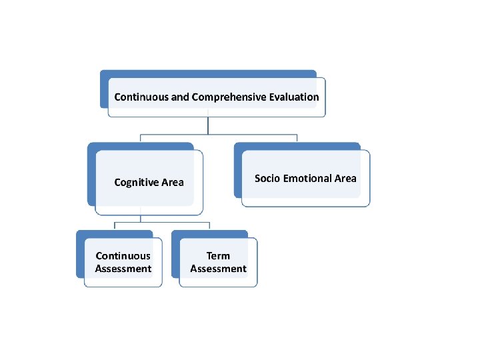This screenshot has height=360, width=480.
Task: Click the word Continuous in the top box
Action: point(141,97)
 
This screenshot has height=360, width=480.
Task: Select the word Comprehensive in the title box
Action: point(229,97)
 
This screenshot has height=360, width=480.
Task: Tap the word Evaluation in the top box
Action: point(294,97)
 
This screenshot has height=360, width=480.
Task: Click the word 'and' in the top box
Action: point(180,97)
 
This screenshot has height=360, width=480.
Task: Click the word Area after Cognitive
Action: point(173,182)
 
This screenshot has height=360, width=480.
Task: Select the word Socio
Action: point(267,178)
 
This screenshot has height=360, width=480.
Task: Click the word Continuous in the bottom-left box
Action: point(123,255)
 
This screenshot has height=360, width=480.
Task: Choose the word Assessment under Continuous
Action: point(123,269)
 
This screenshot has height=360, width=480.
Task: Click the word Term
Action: point(218,255)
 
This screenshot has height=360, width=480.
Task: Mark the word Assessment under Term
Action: point(218,269)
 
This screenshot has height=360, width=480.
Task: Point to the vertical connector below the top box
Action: point(209,125)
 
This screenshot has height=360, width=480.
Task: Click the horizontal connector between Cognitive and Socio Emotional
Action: point(220,134)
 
